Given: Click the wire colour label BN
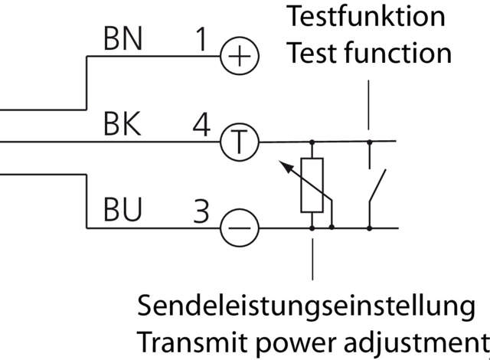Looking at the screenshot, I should pos(122,41).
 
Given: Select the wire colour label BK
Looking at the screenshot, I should pos(122,125).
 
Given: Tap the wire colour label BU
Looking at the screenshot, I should pos(122,210).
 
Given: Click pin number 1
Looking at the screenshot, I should pos(201,41).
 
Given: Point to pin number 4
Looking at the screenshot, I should pos(201,125).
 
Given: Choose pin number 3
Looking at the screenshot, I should pos(201,210).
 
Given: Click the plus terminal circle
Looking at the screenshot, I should pos(240,57).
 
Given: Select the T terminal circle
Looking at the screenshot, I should pos(240,142).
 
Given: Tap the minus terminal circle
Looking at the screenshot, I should pos(240,227).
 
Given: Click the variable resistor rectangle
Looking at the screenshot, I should pos(312,185).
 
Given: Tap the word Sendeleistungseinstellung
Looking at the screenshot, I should pos(306,306).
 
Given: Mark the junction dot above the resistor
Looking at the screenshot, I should pos(312,142).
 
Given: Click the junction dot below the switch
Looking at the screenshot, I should pos(369,227).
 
